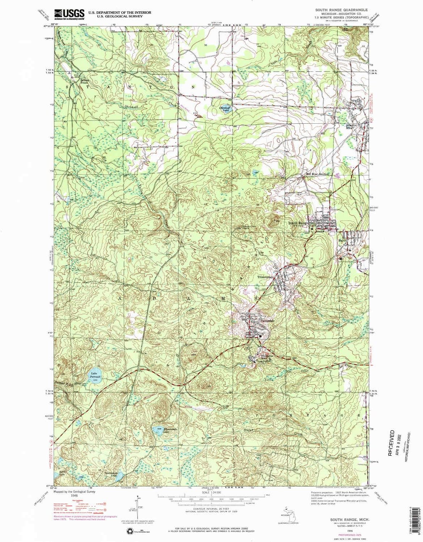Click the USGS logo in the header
pos(69,14)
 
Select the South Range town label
pos(298,223)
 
